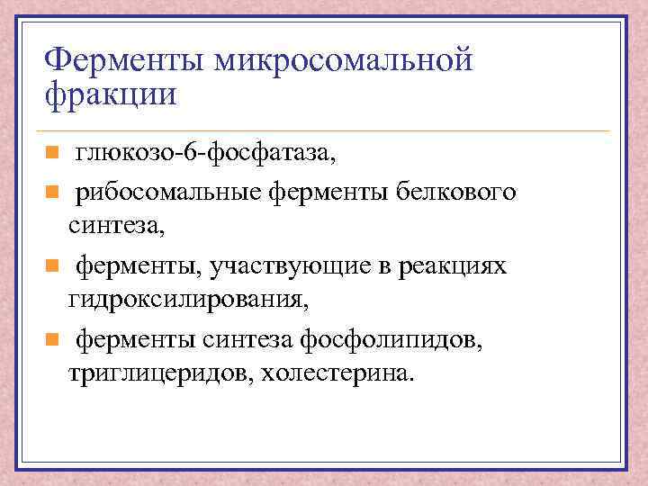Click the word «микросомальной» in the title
coord(343,61)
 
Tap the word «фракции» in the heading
coord(111,93)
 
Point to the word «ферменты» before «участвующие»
coord(122,267)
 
